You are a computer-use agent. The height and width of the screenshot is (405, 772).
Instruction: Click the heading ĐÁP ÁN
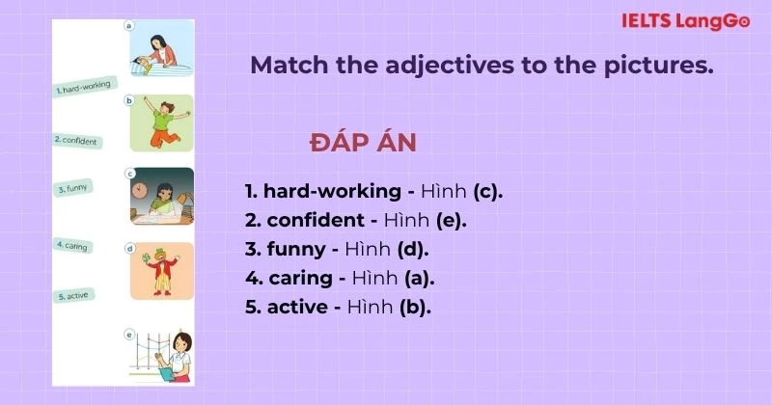[363, 143]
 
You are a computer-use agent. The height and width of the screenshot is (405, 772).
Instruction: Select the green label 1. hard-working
[85, 88]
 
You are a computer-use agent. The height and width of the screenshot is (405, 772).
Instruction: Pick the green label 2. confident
[77, 140]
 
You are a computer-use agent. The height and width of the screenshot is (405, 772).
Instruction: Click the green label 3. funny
[72, 188]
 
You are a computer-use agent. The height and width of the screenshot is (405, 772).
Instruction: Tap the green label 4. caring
[72, 245]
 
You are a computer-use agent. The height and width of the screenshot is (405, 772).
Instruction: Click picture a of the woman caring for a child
[162, 53]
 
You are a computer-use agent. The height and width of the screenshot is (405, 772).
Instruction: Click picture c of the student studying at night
[162, 198]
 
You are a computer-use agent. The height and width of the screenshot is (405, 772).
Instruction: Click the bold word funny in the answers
[295, 249]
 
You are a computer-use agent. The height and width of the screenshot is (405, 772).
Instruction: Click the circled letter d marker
[129, 248]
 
